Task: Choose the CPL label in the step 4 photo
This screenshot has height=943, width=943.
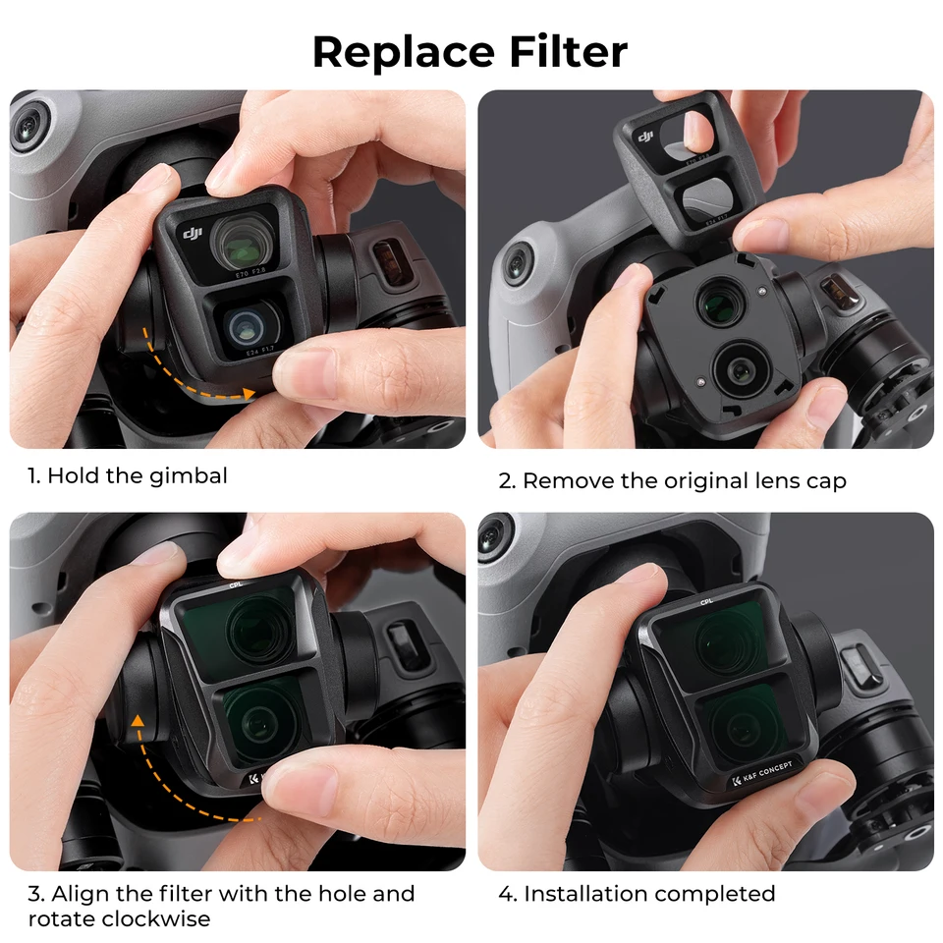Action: point(706,601)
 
